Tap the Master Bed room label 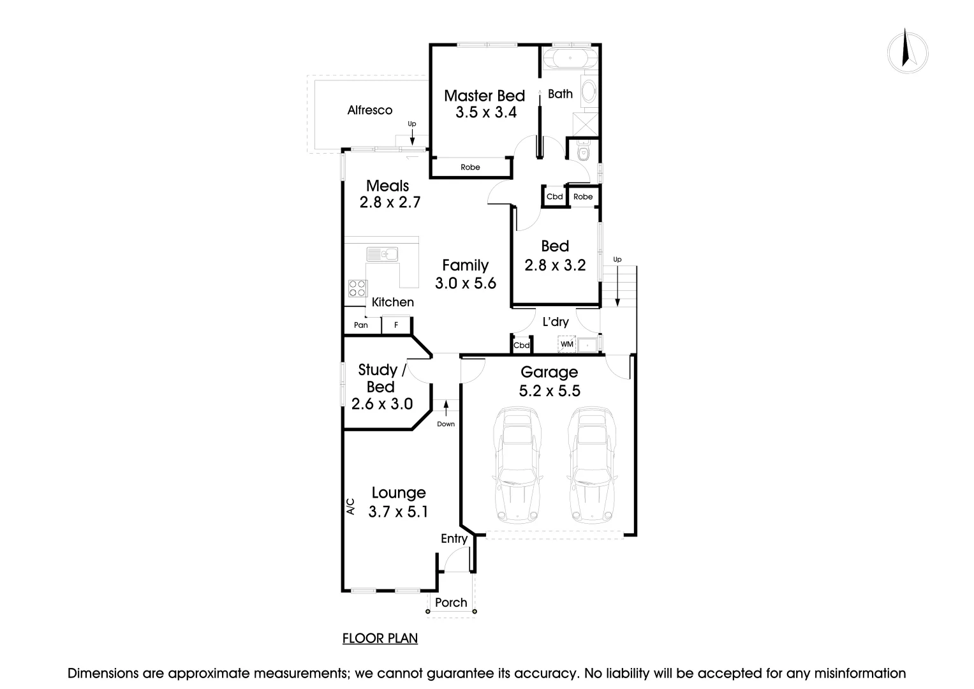click(484, 96)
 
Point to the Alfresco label click(370, 110)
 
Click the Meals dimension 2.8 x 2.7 click(389, 203)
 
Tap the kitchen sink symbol click(382, 254)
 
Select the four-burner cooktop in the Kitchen click(357, 288)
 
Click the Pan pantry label click(361, 325)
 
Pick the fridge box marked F click(396, 325)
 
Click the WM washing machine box click(566, 344)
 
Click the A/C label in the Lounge click(350, 506)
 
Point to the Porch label click(451, 603)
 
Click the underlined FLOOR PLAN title click(380, 638)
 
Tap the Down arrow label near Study click(446, 424)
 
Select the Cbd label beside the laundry click(522, 345)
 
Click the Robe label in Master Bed click(470, 167)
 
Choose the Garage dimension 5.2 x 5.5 click(549, 390)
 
